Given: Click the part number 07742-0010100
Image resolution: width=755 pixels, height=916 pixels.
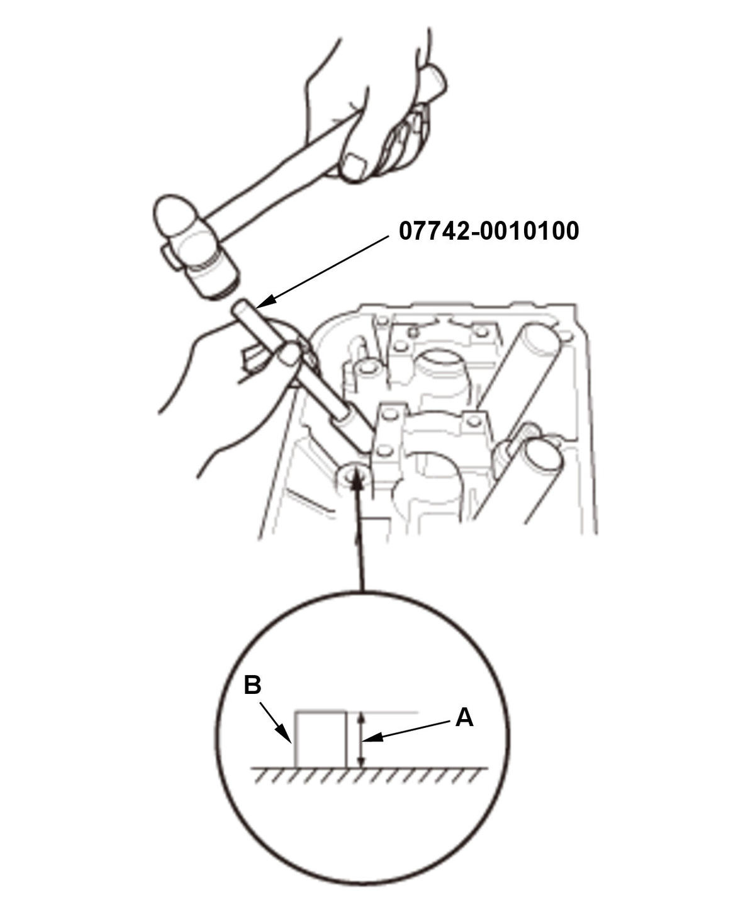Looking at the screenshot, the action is [488, 231].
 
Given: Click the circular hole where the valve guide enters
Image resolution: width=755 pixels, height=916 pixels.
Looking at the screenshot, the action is [354, 474].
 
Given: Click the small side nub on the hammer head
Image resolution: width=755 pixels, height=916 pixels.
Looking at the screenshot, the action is [169, 258].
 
